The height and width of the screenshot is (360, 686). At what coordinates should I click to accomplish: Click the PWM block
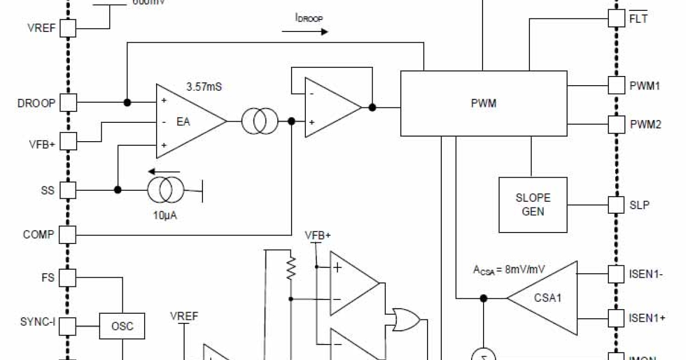(484, 104)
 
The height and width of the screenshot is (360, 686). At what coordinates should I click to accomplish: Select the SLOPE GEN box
(533, 205)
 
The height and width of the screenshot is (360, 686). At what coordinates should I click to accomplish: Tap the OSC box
(122, 326)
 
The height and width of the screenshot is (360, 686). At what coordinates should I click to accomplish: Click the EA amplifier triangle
(189, 121)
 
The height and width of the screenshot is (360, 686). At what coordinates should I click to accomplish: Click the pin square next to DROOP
(69, 103)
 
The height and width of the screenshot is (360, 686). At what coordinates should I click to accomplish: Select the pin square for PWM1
(616, 86)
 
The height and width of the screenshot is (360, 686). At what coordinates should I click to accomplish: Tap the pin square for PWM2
(616, 123)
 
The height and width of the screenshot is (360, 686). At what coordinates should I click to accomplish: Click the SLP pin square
(616, 204)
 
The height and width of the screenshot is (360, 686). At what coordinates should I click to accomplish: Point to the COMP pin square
(69, 234)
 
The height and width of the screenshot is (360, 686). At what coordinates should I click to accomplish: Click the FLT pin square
(616, 18)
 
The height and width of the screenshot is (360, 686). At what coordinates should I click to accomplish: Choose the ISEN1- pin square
(616, 274)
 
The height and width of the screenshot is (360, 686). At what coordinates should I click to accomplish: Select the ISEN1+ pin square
(616, 318)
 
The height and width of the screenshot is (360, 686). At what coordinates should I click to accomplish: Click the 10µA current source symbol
(166, 190)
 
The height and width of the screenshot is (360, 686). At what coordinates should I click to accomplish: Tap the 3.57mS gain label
(204, 87)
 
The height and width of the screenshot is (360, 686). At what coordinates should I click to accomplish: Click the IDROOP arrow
(305, 31)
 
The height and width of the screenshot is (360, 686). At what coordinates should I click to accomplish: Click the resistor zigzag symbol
(291, 267)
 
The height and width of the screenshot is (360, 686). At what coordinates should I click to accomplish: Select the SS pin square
(69, 190)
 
